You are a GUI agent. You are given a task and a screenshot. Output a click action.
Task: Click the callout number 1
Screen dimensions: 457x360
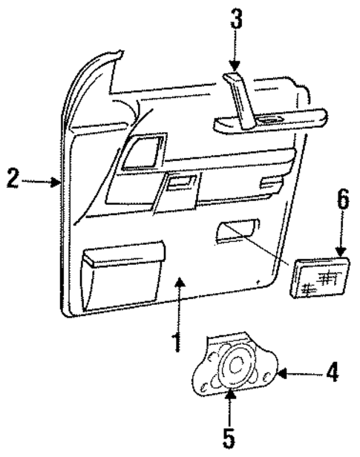coord(176,341)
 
